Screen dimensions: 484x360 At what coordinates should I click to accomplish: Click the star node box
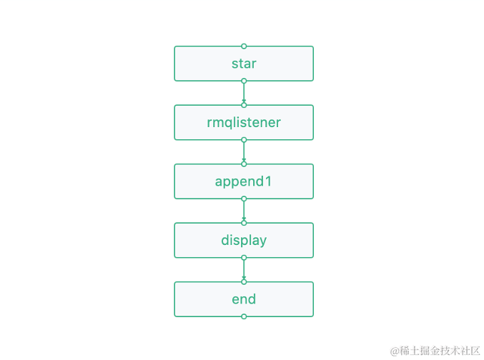point(244,64)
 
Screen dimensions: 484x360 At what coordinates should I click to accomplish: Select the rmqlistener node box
point(244,122)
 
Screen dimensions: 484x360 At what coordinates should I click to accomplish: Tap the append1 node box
point(244,181)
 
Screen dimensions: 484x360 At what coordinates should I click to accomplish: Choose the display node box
point(244,240)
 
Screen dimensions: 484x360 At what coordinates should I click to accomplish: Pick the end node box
point(244,299)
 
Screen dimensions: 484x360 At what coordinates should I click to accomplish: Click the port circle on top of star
point(244,46)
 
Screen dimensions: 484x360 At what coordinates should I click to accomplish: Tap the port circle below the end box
point(244,316)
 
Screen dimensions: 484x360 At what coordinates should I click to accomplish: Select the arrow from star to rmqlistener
point(244,93)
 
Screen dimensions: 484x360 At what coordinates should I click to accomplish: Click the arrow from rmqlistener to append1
point(244,151)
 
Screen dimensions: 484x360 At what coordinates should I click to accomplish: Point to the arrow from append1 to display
point(244,211)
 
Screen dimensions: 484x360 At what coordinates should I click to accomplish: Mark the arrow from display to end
point(244,269)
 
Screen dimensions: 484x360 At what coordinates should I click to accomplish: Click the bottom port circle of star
point(244,81)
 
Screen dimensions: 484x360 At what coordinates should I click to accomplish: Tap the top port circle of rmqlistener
point(244,105)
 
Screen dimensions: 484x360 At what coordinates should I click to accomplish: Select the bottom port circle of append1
point(244,199)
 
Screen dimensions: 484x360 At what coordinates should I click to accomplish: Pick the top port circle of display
point(244,223)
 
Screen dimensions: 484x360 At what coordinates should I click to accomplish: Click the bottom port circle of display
point(244,258)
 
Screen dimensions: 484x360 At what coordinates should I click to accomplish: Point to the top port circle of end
point(244,281)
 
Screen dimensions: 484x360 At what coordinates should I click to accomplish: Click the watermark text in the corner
point(435,350)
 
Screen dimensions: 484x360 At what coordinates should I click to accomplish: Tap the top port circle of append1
point(244,164)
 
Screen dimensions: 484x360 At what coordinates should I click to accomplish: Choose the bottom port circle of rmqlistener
point(244,140)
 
